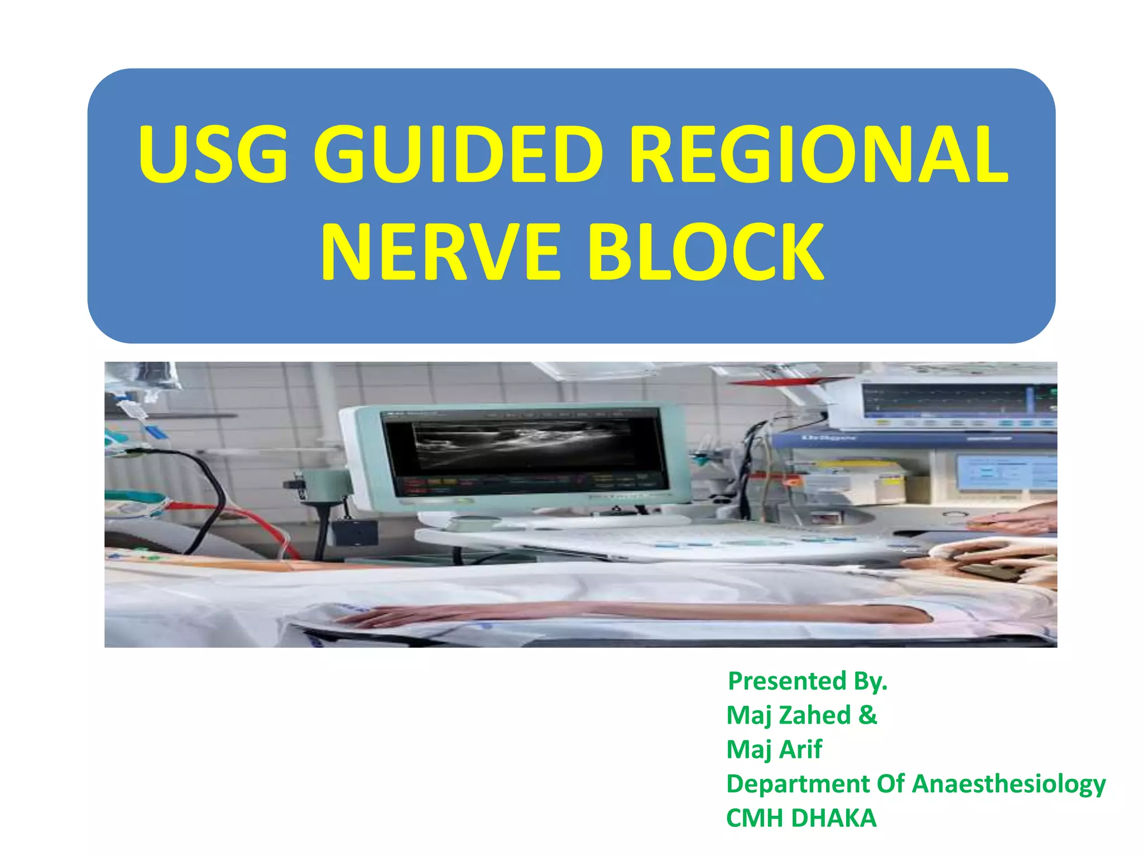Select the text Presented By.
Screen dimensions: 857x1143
807,681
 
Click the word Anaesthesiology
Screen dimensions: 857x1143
1008,784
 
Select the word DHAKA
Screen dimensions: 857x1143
834,819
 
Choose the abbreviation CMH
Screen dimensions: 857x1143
755,819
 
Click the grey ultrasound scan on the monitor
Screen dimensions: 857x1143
522,444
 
